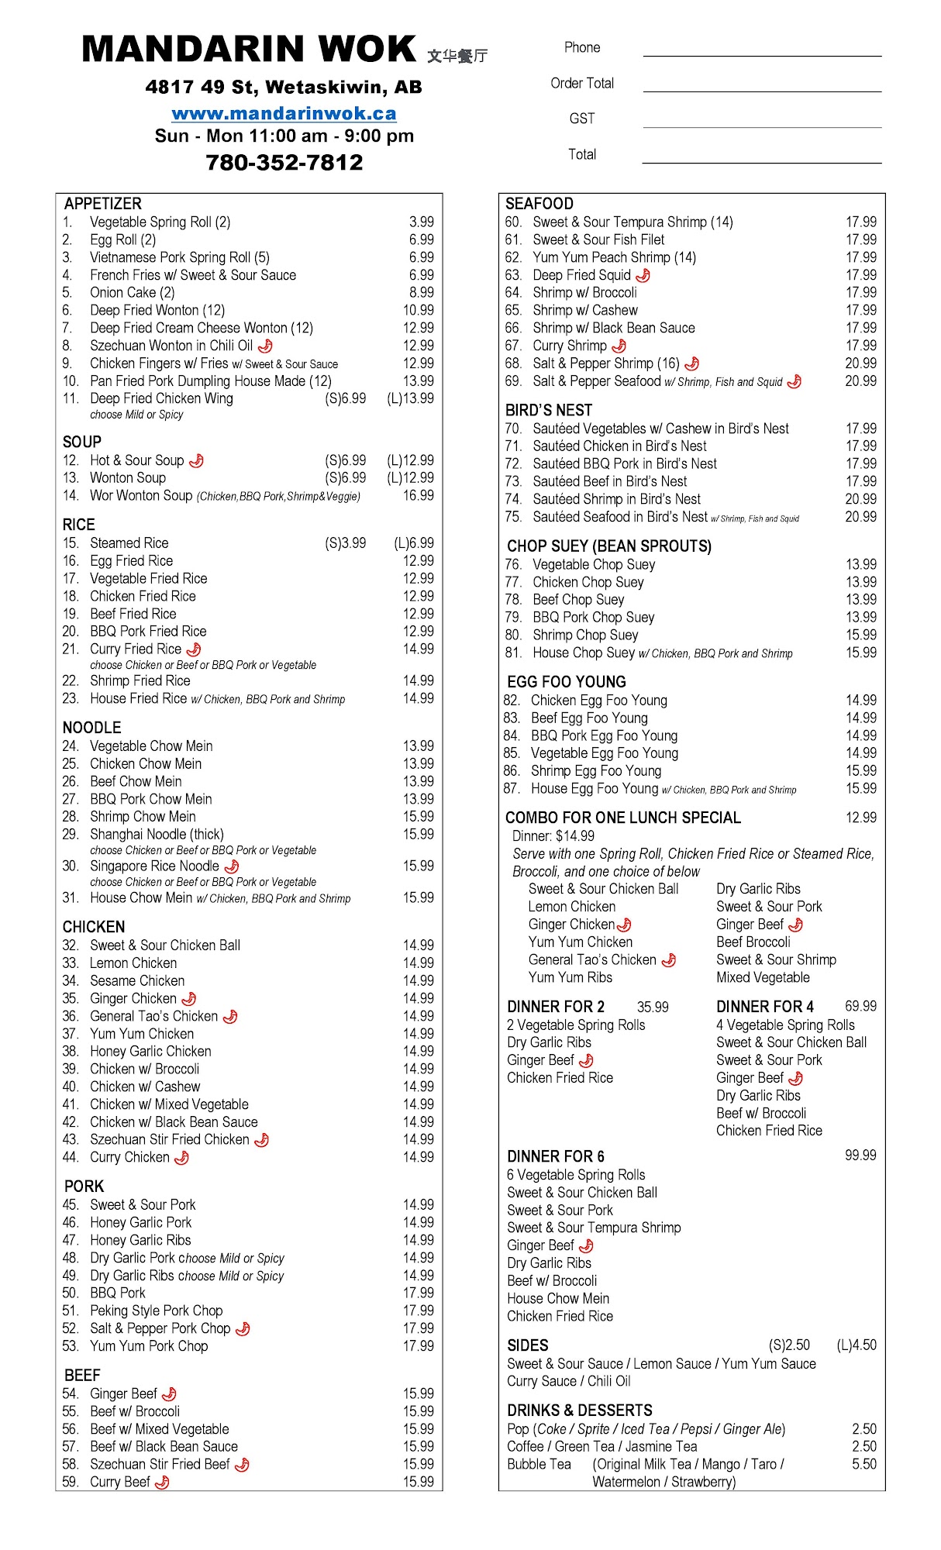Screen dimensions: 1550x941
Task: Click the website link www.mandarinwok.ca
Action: coord(284,113)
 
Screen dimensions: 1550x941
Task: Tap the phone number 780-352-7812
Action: coord(284,162)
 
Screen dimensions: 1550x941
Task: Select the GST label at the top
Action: coord(581,119)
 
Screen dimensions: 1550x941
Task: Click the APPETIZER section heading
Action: coord(103,204)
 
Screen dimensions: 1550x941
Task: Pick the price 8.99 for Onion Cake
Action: coord(421,292)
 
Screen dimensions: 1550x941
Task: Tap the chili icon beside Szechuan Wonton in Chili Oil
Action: coord(265,346)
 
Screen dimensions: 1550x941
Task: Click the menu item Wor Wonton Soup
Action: coord(140,495)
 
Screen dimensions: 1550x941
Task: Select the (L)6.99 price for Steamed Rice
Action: coord(413,542)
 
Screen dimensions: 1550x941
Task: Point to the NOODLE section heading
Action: coord(92,727)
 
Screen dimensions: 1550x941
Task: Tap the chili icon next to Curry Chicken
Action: coord(181,1157)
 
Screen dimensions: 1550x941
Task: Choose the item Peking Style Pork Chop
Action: coord(156,1310)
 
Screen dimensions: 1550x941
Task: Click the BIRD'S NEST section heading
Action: coord(549,410)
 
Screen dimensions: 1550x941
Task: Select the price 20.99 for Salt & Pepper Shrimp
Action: coord(860,363)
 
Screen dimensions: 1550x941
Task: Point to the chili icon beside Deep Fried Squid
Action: coord(643,275)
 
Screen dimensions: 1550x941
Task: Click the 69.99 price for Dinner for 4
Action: coord(860,1006)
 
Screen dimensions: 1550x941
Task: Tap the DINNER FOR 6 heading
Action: coord(556,1156)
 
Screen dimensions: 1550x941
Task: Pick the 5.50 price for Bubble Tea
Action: coord(863,1464)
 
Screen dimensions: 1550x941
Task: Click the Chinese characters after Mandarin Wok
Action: coord(457,55)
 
